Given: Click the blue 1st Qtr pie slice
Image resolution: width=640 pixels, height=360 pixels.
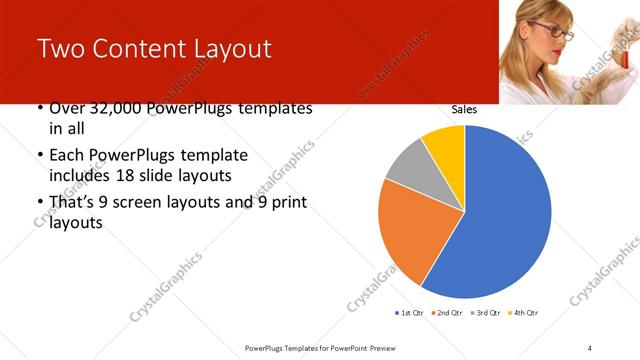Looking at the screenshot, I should (x=500, y=215).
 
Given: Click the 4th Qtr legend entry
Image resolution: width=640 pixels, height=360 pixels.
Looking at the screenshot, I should (x=524, y=313).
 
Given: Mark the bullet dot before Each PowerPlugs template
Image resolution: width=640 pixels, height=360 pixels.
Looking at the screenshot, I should (x=39, y=156).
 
